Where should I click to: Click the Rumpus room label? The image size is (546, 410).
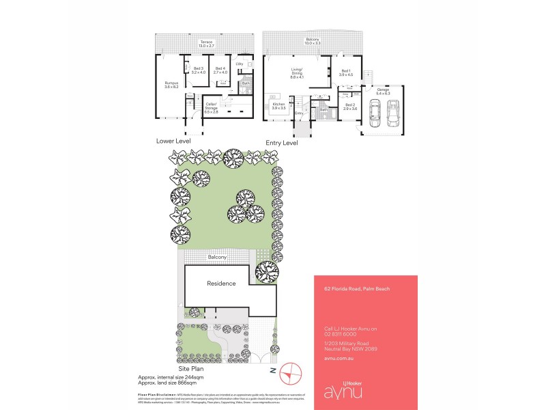coord(171,85)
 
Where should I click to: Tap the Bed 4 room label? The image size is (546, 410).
coord(220,70)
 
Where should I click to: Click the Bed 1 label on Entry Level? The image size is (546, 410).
coord(345,73)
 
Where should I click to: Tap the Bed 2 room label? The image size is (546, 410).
coord(350,108)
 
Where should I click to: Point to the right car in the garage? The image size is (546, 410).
coord(393,113)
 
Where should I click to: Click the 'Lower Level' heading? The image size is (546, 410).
coord(173,141)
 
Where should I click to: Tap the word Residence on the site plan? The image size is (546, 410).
coord(222,284)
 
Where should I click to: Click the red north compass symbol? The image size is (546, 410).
coord(291,372)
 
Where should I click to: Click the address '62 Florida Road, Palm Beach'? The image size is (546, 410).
coord(357,290)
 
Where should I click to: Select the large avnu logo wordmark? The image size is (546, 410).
coord(345,393)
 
